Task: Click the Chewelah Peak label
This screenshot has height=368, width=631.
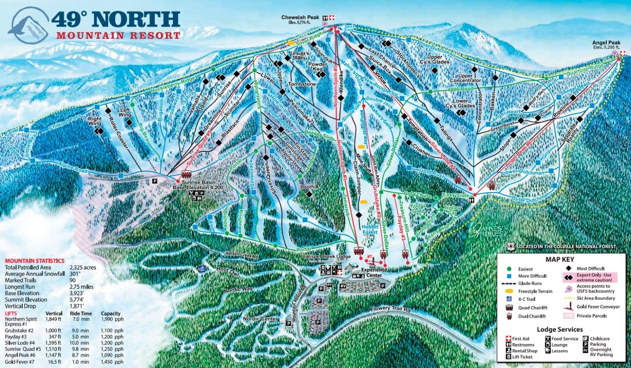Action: [301, 18]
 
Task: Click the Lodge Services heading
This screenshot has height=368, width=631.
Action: [560, 330]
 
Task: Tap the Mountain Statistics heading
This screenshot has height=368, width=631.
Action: [35, 261]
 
